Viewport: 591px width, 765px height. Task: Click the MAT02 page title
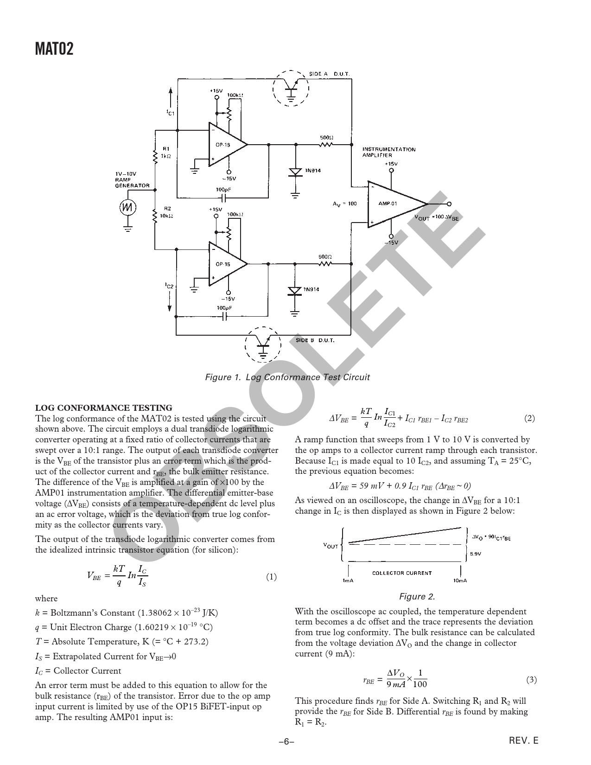pos(54,49)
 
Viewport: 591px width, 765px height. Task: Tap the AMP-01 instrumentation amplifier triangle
pos(397,204)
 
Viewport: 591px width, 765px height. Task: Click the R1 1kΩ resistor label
pos(166,153)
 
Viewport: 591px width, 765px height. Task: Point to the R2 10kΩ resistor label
pos(167,212)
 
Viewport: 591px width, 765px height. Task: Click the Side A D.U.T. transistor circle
pos(291,88)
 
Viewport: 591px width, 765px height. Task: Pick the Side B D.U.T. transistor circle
pos(263,344)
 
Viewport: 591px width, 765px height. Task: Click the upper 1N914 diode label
pos(313,171)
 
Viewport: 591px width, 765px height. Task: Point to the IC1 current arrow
pos(171,97)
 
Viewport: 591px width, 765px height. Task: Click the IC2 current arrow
pos(170,301)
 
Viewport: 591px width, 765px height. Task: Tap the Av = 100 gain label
pos(344,204)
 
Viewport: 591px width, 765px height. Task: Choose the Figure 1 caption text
pos(287,377)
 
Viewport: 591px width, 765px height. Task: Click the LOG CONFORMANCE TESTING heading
pos(103,408)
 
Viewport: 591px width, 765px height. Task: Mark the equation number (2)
pos(529,418)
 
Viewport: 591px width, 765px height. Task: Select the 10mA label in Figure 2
pos(460,580)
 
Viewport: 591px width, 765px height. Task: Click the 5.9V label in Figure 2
pos(476,554)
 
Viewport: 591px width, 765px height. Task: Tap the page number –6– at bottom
pos(286,742)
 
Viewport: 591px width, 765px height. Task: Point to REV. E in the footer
pos(524,741)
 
